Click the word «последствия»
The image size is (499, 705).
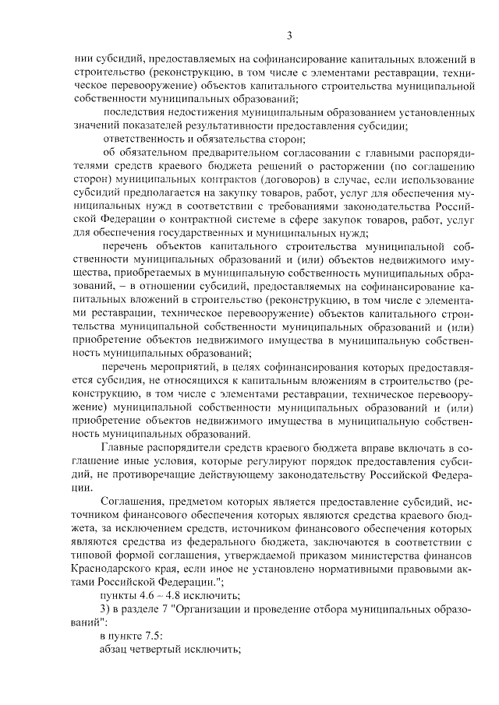pos(130,113)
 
